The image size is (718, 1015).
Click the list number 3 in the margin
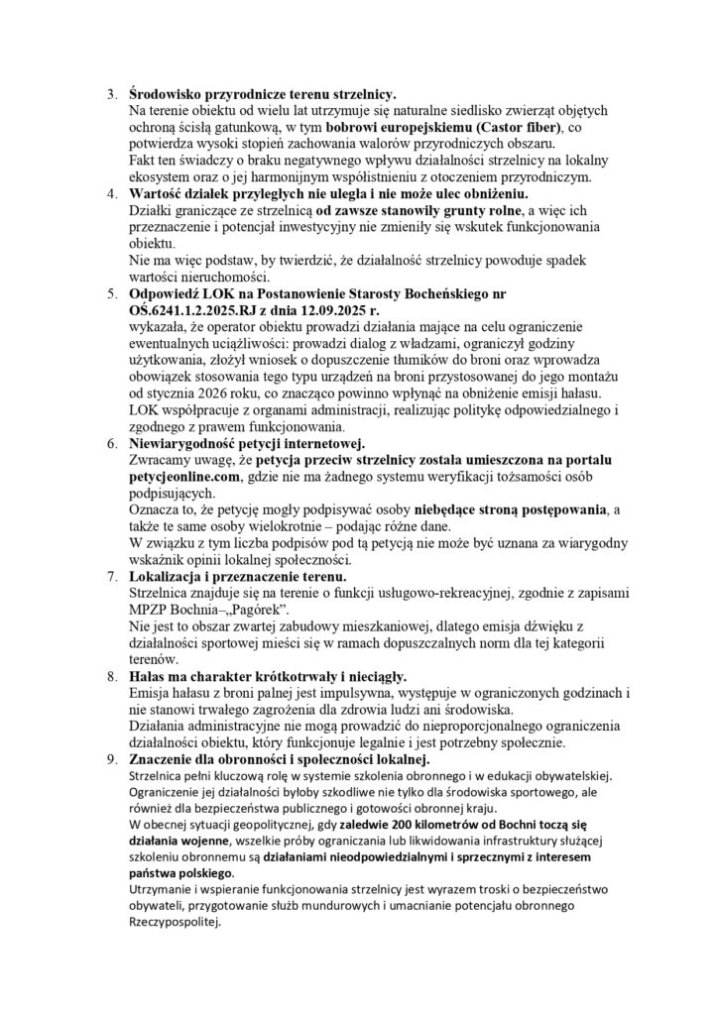[x=111, y=93]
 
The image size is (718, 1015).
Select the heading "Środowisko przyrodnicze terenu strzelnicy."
[x=263, y=93]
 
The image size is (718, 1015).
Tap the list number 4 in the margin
[x=111, y=192]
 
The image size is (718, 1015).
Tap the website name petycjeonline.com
[x=186, y=477]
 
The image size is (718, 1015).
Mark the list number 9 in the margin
[x=111, y=758]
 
